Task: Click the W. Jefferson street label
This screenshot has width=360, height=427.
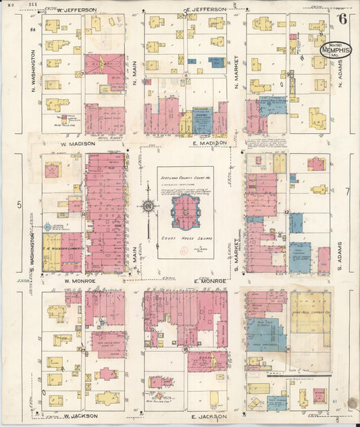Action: [76, 10]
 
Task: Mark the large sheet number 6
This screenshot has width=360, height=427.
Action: [344, 18]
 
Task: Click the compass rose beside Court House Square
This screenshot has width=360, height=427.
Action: [148, 206]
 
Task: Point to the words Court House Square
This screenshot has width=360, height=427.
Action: [185, 240]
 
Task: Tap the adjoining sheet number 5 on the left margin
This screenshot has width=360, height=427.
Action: [19, 204]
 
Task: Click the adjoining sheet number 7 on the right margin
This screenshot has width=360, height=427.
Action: [346, 192]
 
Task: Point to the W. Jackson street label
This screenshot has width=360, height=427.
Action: [80, 416]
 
